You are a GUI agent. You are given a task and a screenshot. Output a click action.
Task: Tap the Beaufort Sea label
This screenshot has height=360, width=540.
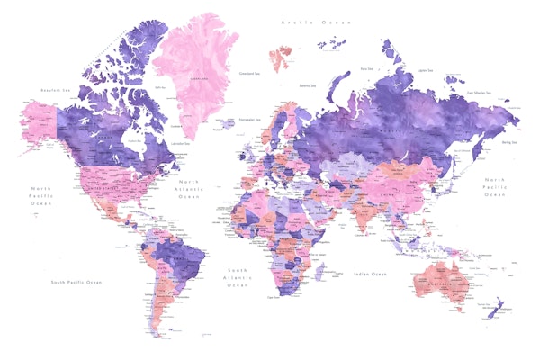click(x=55, y=91)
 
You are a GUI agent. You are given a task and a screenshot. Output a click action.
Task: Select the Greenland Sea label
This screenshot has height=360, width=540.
click(x=249, y=74)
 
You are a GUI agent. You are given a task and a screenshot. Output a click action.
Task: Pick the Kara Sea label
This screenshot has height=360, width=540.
click(x=366, y=68)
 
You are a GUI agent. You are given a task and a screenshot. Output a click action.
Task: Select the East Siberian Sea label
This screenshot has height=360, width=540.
click(x=479, y=93)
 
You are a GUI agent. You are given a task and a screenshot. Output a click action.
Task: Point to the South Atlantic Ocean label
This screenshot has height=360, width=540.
click(x=238, y=277)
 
